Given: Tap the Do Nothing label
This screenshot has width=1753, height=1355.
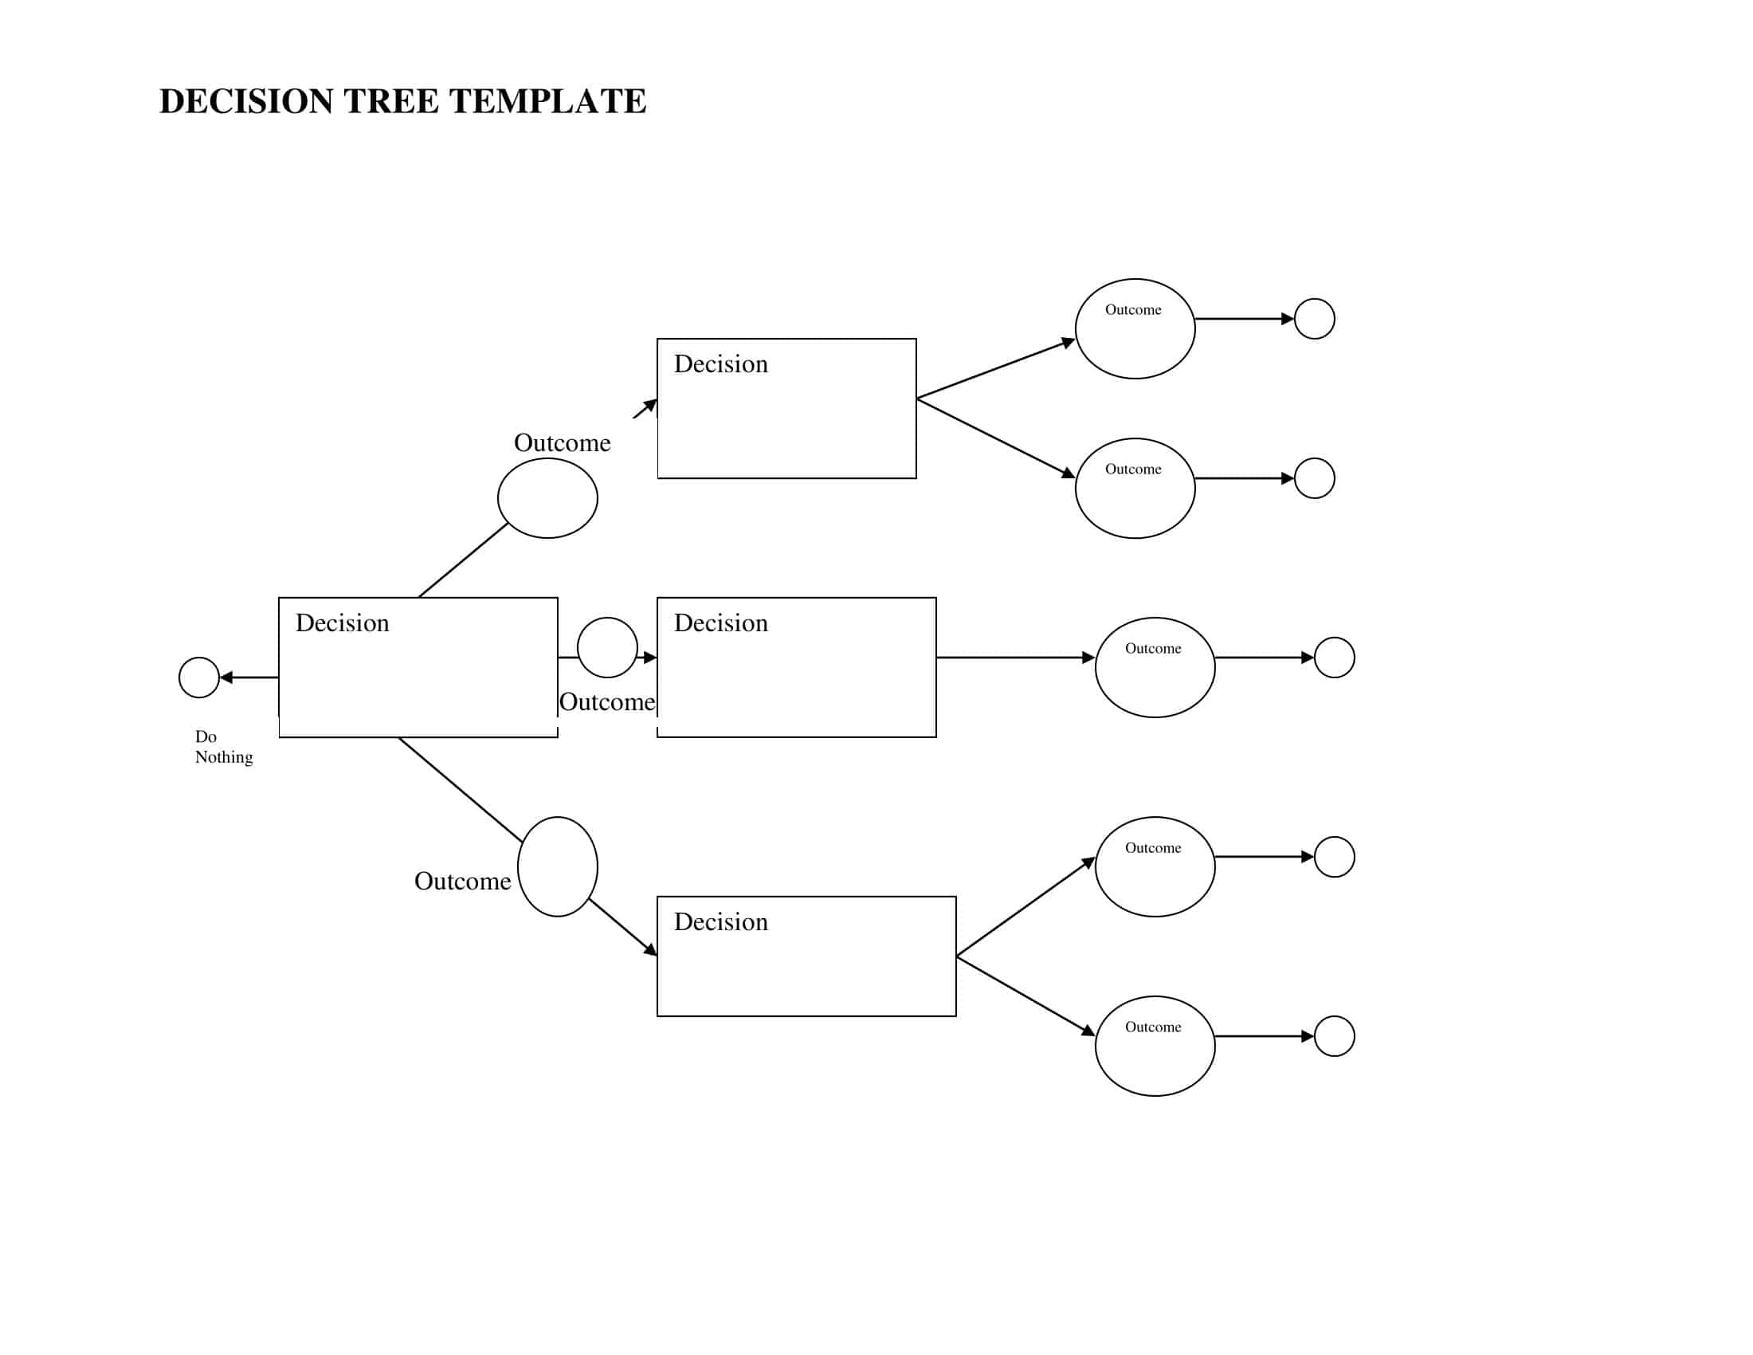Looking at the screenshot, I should coord(222,747).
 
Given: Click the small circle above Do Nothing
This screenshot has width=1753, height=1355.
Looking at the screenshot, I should coord(199,677).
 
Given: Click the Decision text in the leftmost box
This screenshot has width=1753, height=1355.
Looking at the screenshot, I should coord(342,624).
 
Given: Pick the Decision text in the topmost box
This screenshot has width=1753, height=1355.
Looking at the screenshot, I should coord(720,364).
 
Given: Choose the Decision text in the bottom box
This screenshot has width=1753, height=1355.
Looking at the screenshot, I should coord(720,922).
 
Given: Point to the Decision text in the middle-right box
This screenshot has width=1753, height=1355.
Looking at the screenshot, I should coord(720,624).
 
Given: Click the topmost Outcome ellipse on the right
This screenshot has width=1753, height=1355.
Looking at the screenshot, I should coord(1134,328).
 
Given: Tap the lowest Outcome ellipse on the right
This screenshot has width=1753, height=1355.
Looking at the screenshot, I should coord(1155,1046).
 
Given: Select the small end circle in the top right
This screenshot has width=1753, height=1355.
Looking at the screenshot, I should coord(1314,319).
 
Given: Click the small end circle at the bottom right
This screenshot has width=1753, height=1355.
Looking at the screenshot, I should coord(1334,1036).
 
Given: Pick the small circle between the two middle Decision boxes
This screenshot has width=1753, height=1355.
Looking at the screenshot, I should coord(607,647).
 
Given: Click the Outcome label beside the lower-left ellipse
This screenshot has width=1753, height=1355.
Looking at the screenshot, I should coord(462,882).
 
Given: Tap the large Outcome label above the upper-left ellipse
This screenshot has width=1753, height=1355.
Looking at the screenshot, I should coord(562,443).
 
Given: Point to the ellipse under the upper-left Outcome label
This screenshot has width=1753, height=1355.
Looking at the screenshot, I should coord(547,497).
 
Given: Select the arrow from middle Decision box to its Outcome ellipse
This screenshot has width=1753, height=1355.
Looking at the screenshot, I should coord(1014,658).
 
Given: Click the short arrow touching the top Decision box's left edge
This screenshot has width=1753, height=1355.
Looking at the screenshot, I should coord(645,409).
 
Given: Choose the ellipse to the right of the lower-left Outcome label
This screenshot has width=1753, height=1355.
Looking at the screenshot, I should coord(557,866).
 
